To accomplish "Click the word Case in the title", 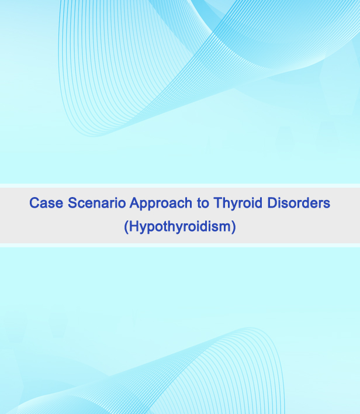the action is coord(46,203).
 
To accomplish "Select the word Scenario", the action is coord(96,203).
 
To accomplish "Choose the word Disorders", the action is coord(299,203).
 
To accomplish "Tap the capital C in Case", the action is coord(34,203).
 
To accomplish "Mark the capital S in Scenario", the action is coord(72,203).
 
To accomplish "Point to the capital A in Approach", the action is coord(134,203).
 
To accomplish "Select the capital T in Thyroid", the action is coord(218,203).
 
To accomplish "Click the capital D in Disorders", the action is coord(272,203).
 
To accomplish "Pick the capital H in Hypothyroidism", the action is coord(134,226).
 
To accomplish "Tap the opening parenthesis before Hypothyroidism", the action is coord(126,227).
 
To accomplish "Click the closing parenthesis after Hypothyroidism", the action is coord(233,227).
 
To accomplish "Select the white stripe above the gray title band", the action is coord(180,185).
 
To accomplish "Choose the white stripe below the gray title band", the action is coord(180,245).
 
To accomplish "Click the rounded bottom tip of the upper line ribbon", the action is coord(92,136).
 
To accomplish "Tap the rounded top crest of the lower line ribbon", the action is coord(250,328).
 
